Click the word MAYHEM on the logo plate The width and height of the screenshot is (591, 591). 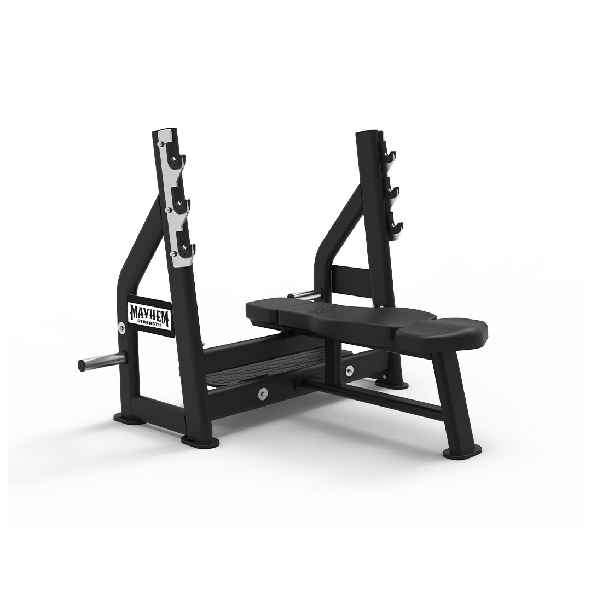pos(149,312)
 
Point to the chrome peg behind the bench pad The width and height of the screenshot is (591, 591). pos(306,295)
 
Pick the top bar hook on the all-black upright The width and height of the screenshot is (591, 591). pos(389,155)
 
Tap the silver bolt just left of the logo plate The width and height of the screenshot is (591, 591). pos(121,327)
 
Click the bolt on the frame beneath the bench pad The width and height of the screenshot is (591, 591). pos(349,371)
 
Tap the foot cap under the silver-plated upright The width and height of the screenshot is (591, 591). pos(200,440)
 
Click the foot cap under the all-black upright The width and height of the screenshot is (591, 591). pos(391,384)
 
